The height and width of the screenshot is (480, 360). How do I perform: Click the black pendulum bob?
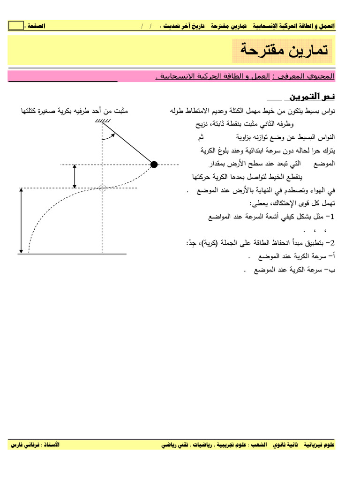tap(154, 164)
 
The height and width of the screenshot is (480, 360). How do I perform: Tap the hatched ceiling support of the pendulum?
tap(102, 123)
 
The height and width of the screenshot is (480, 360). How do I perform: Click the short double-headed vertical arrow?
tap(74, 176)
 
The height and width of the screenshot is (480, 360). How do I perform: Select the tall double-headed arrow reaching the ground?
tap(21, 220)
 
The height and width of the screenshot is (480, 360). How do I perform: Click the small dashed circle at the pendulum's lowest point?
tap(103, 188)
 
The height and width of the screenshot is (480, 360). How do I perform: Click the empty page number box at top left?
tap(16, 26)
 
